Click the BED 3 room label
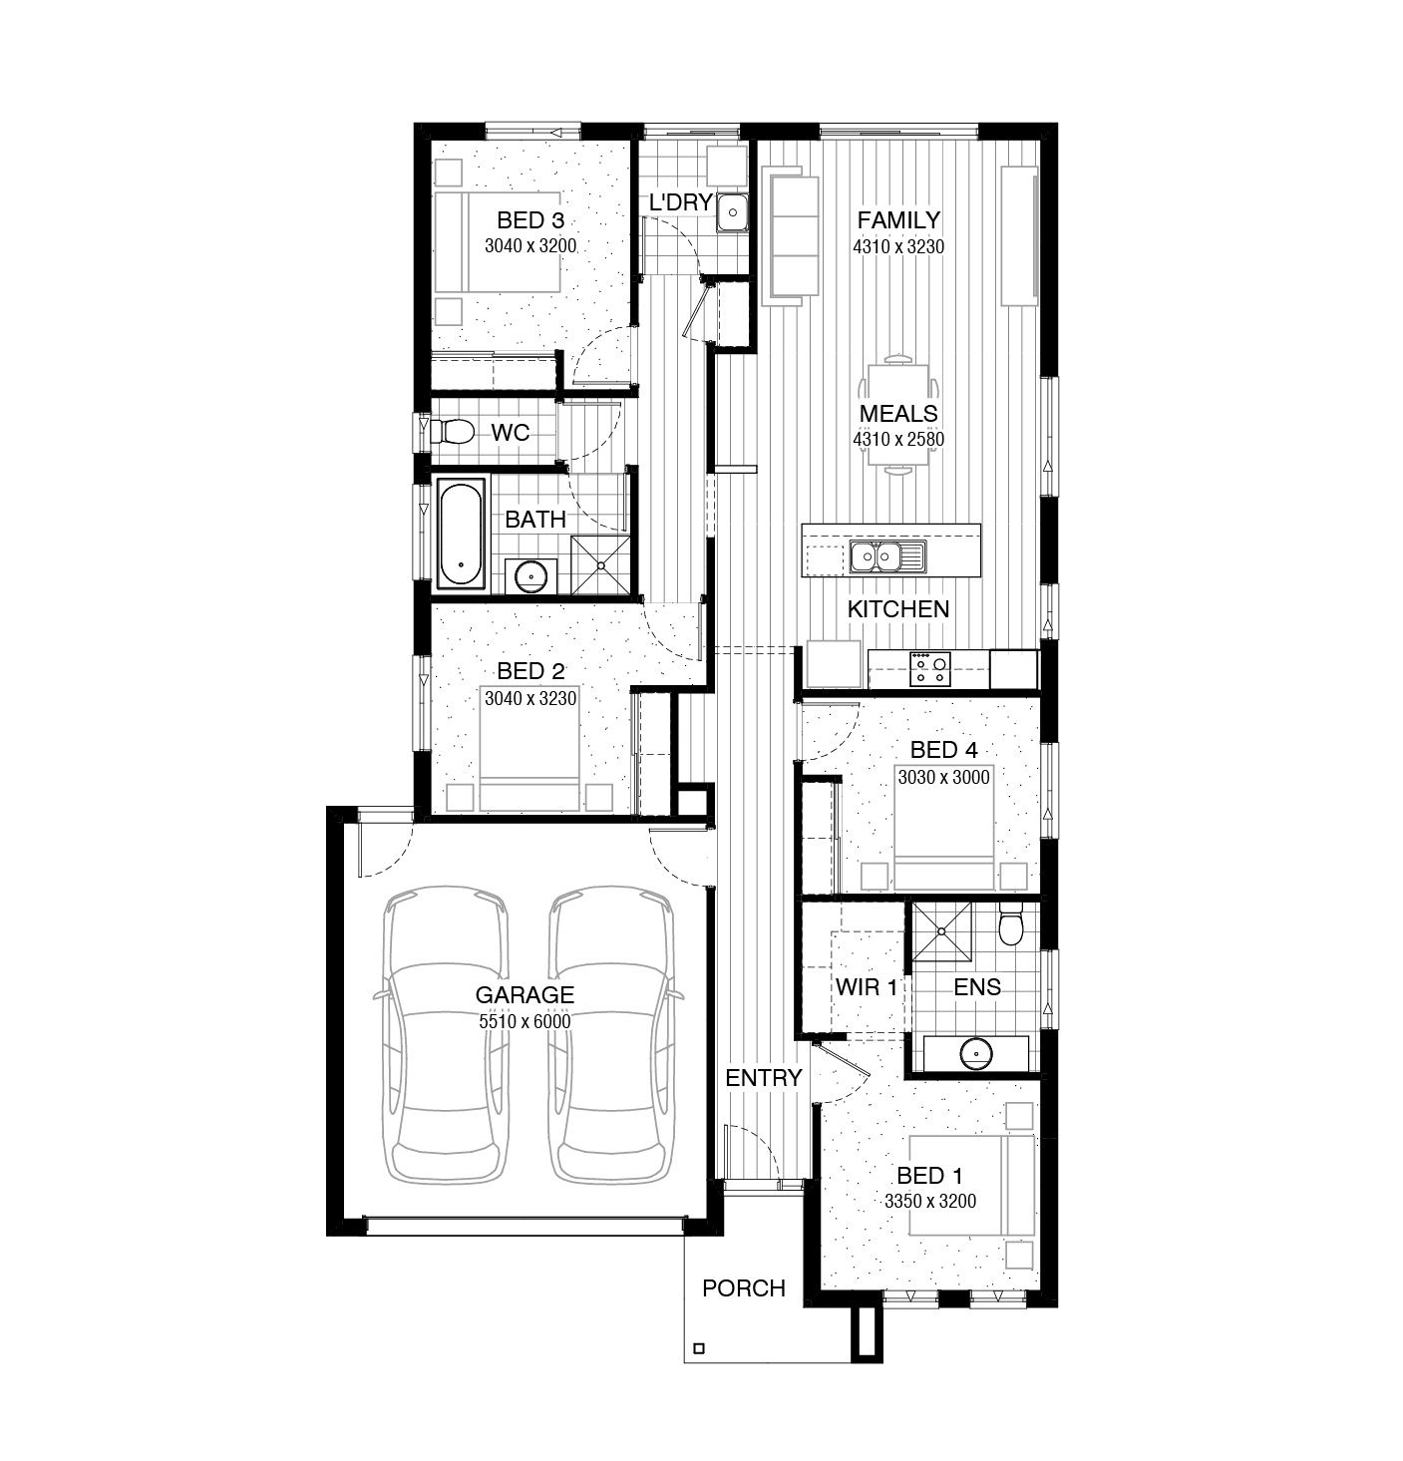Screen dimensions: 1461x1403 click(529, 220)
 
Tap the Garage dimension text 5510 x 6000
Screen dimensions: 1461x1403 click(525, 1021)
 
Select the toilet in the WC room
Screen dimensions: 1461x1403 click(454, 432)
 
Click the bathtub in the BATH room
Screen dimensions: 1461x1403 click(461, 534)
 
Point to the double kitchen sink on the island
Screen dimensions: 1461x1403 click(886, 556)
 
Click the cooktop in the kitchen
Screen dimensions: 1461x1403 click(929, 668)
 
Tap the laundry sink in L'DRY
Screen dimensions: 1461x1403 click(732, 211)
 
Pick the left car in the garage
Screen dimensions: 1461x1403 click(445, 1037)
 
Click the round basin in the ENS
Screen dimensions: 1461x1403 click(974, 1053)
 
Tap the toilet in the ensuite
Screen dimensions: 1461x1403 click(1011, 926)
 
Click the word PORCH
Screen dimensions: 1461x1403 click(743, 1288)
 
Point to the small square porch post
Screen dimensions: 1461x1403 click(699, 1348)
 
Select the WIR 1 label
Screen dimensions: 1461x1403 click(867, 987)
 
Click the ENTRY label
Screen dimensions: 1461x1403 click(763, 1078)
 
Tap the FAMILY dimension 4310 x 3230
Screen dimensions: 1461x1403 click(897, 246)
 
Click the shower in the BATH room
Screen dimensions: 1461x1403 click(601, 565)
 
